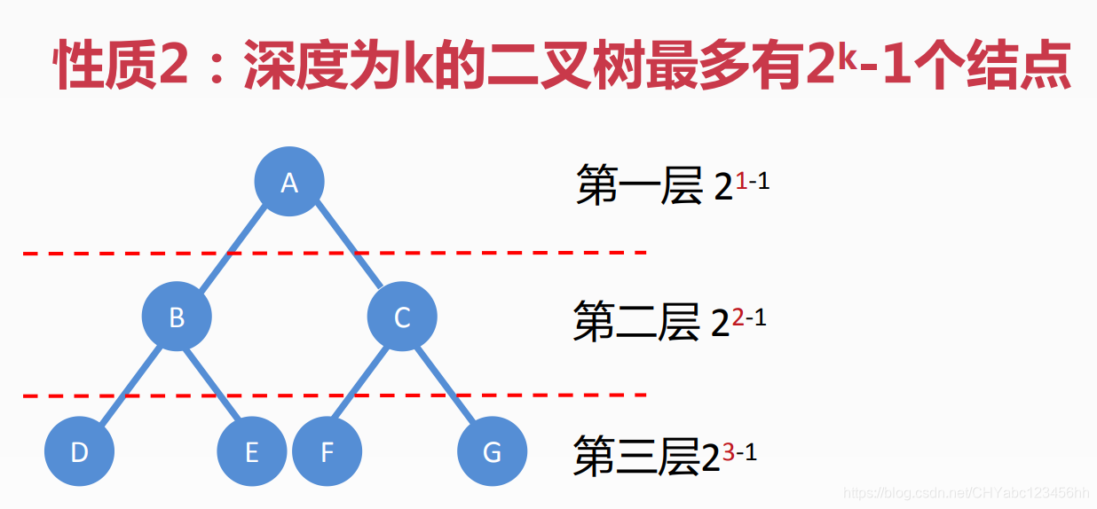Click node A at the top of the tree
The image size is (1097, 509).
tap(289, 183)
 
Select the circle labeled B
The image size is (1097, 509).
tap(177, 317)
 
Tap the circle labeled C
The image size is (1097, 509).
tap(402, 317)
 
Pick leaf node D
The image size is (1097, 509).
tap(80, 452)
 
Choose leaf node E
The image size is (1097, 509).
tap(251, 452)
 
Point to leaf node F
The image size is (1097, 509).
tap(327, 452)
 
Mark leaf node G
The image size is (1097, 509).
tap(492, 452)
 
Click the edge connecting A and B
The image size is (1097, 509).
tap(233, 250)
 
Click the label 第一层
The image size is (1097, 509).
tap(639, 186)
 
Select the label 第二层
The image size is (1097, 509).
tap(636, 321)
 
